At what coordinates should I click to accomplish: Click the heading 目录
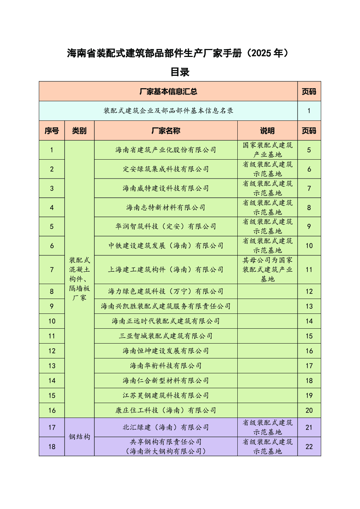coord(180,72)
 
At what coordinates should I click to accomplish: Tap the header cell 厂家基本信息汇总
coord(168,91)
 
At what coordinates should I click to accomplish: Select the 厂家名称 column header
coord(166,131)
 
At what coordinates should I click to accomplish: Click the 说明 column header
coord(267,131)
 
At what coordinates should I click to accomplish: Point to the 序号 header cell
coord(52,131)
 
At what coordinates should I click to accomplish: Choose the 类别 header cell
coord(79,131)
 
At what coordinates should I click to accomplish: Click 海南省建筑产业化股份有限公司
coord(166,150)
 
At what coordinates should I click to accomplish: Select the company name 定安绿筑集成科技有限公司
coord(166,169)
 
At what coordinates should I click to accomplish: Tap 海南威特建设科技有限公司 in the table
coord(166,188)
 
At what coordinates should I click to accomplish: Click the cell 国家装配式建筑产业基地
coord(267,150)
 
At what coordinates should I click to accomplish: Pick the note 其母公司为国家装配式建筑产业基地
coord(267,270)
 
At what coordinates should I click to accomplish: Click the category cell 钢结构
coord(79,437)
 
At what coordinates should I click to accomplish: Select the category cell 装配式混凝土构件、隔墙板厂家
coord(79,279)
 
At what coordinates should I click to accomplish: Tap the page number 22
coord(309,447)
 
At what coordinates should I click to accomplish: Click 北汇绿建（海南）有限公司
coord(166,427)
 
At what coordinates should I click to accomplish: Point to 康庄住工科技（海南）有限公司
coord(166,410)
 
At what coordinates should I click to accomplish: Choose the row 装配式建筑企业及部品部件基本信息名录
coord(168,111)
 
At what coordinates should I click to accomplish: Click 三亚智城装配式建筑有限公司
coord(166,336)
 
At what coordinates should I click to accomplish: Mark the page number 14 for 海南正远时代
coord(309,321)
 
